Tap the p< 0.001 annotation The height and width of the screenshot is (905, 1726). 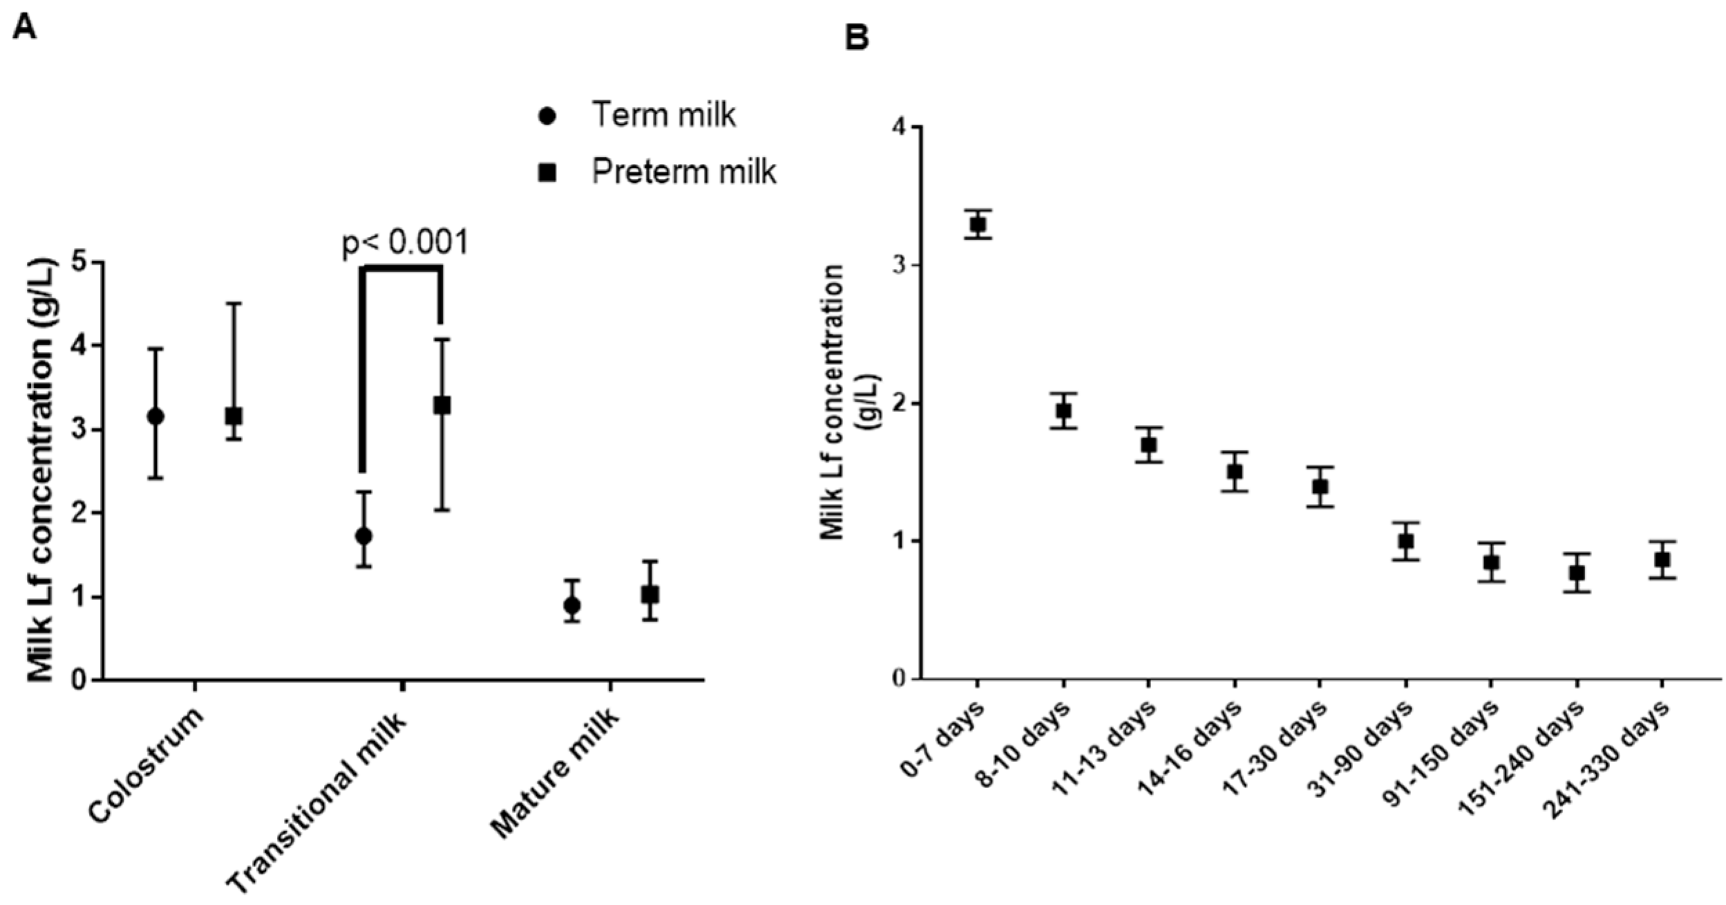tap(406, 243)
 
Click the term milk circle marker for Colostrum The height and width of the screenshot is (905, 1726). tap(155, 416)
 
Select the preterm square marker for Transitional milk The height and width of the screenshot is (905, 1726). tap(442, 405)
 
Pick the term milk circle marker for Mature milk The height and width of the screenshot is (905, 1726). tap(571, 606)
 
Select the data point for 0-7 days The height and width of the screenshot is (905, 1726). tap(978, 224)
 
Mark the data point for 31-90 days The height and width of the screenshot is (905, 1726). tap(1405, 541)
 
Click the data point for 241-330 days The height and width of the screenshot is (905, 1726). tap(1662, 559)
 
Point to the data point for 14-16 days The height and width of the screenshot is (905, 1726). tap(1234, 472)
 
